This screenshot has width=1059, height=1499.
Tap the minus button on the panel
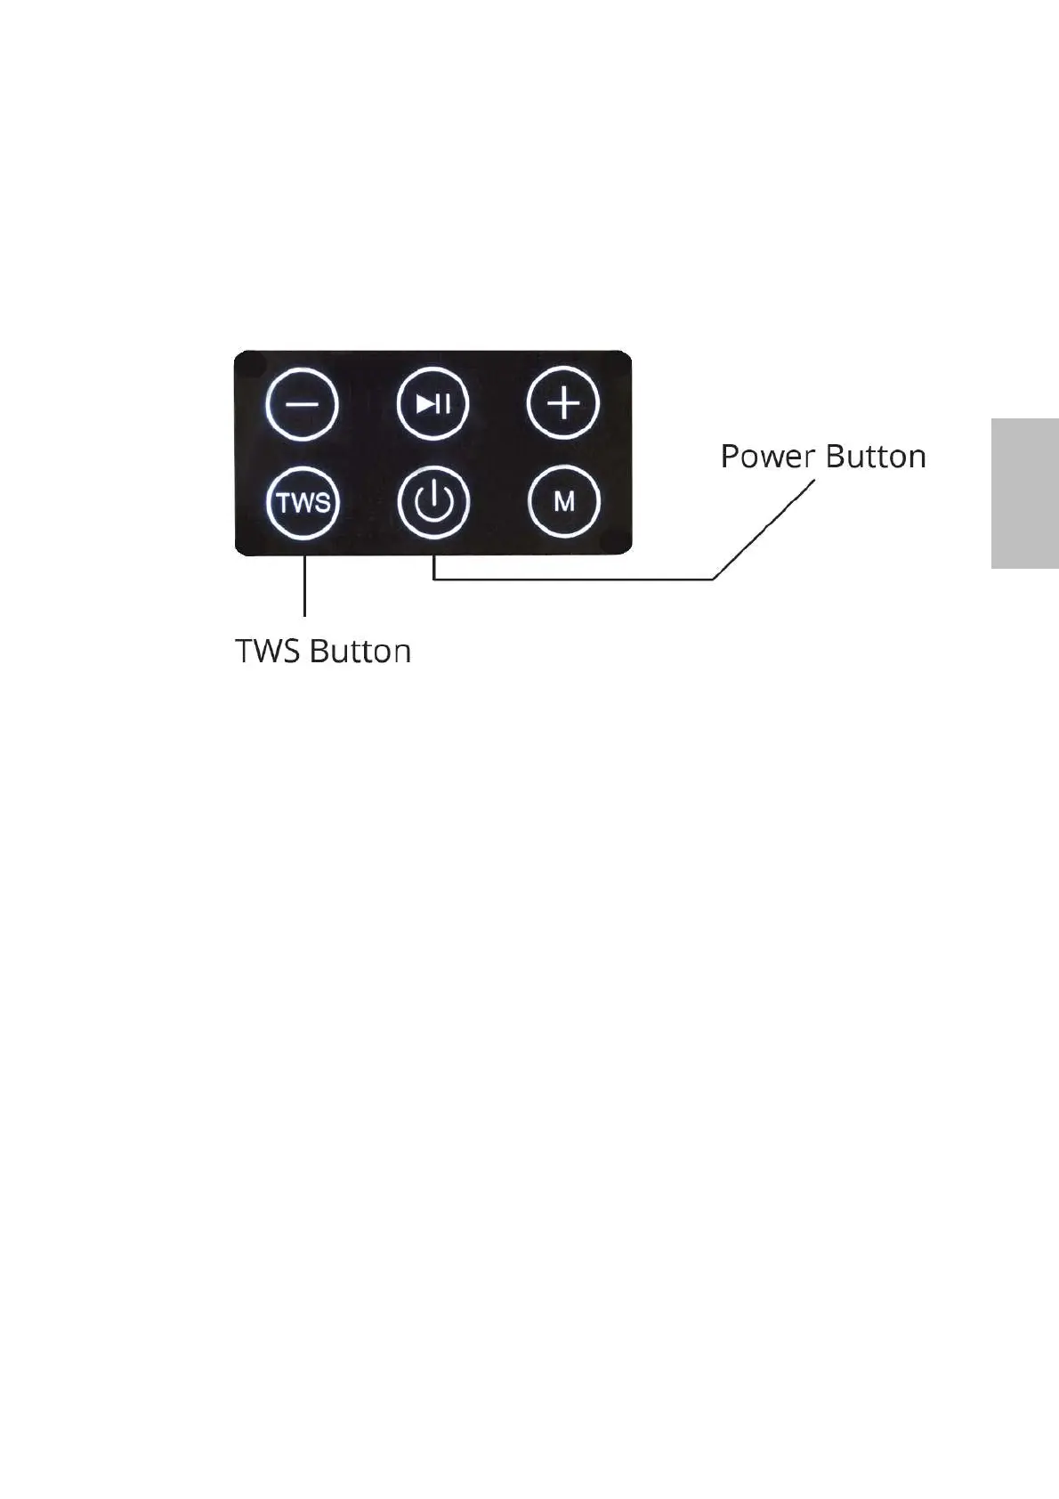[x=303, y=403]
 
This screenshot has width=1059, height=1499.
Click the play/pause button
[x=433, y=403]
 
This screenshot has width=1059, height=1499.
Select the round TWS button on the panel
[x=303, y=503]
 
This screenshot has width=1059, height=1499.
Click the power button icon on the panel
[x=433, y=503]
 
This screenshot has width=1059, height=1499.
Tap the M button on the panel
[x=563, y=503]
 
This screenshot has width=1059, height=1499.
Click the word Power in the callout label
[x=768, y=457]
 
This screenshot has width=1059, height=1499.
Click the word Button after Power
[x=876, y=457]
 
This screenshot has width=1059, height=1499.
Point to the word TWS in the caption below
[x=270, y=651]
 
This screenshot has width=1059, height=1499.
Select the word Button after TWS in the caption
[x=360, y=651]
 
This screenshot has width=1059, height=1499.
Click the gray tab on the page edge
[x=1024, y=494]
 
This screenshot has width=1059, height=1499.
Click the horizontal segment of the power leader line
[x=570, y=579]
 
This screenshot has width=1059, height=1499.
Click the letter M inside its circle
[x=564, y=502]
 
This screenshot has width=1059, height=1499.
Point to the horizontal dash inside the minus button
[x=303, y=403]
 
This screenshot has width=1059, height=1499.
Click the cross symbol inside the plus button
[x=563, y=403]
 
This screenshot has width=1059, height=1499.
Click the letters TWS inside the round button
[x=303, y=503]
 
